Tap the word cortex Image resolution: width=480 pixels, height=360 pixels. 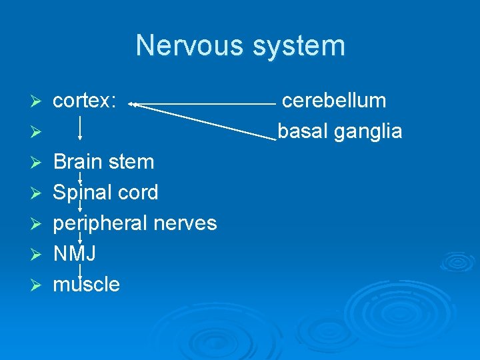(85, 101)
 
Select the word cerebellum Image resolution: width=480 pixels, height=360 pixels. (334, 101)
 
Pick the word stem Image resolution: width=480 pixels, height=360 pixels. (133, 162)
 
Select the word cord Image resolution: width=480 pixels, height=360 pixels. (138, 193)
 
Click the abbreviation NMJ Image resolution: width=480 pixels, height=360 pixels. (75, 254)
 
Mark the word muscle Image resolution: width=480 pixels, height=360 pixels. (87, 285)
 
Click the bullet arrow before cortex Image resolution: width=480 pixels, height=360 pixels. (39, 101)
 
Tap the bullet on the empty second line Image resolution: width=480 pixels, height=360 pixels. (39, 131)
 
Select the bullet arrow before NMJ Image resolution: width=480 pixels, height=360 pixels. (39, 254)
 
